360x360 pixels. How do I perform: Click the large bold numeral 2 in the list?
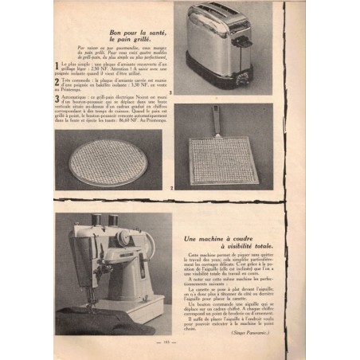(57, 80)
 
